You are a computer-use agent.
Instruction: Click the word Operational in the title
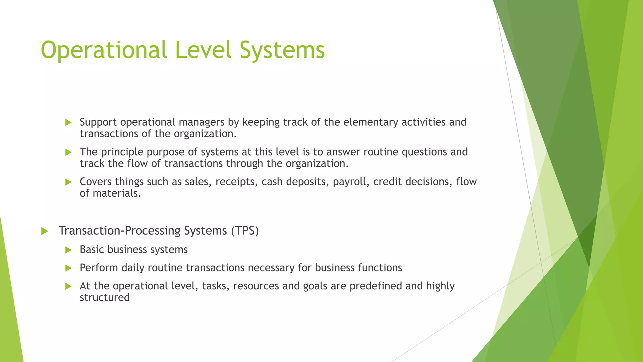pyautogui.click(x=104, y=50)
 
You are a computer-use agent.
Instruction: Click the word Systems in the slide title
pyautogui.click(x=282, y=50)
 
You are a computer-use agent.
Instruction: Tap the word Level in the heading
pyautogui.click(x=204, y=50)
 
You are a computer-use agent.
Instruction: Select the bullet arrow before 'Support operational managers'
pyautogui.click(x=68, y=123)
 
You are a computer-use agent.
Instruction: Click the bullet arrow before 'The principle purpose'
pyautogui.click(x=68, y=152)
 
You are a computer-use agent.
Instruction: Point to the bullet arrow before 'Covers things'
pyautogui.click(x=68, y=182)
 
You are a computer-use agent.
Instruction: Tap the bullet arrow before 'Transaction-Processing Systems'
pyautogui.click(x=45, y=231)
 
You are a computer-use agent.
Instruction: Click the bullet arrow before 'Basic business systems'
pyautogui.click(x=68, y=250)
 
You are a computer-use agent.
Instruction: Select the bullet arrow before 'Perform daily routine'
pyautogui.click(x=68, y=268)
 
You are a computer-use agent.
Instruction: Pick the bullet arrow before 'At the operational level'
pyautogui.click(x=68, y=287)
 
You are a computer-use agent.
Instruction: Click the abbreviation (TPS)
pyautogui.click(x=245, y=231)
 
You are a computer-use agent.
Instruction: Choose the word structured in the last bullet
pyautogui.click(x=105, y=297)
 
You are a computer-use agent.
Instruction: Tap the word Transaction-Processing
pyautogui.click(x=120, y=231)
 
